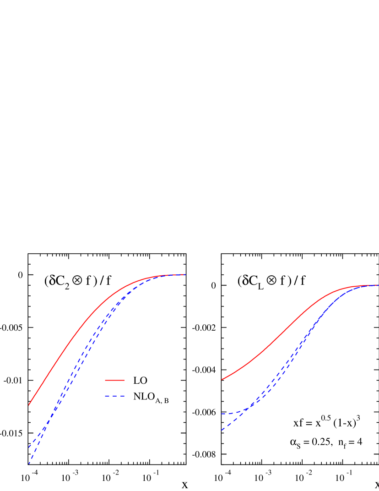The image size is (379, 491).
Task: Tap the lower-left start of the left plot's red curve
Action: [x=29, y=405]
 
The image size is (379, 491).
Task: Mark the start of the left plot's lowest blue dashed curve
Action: [x=29, y=464]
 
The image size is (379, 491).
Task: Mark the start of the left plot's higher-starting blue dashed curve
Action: [x=29, y=447]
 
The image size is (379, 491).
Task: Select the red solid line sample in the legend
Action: [x=114, y=380]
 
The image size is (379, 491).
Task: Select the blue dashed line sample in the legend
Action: [x=114, y=396]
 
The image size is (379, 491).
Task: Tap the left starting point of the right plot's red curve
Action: [x=222, y=379]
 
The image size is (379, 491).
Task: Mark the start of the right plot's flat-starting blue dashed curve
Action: [x=222, y=414]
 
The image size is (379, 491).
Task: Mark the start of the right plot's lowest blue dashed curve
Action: [x=222, y=430]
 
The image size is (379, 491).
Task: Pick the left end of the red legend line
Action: [x=105, y=380]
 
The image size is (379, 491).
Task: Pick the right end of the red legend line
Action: [x=124, y=380]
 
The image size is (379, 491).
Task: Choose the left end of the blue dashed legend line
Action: [x=105, y=396]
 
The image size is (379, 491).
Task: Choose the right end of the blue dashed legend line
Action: [x=124, y=396]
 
